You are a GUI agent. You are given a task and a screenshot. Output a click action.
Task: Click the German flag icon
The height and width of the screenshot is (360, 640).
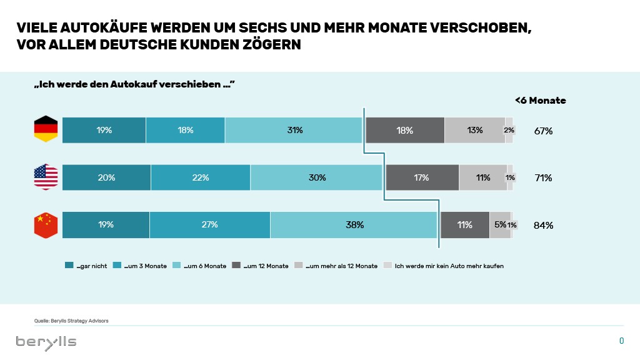46,130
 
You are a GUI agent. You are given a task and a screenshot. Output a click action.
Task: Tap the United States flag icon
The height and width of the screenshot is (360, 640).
46,177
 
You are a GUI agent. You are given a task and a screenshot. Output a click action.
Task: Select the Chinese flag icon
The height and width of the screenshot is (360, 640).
46,225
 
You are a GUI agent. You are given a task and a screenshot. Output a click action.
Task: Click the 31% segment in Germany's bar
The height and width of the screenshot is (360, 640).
294,130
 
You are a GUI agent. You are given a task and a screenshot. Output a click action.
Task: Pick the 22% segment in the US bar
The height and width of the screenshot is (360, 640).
201,177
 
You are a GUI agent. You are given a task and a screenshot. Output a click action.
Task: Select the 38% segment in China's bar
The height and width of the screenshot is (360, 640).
354,225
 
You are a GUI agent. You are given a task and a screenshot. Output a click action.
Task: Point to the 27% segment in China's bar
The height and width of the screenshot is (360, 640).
210,225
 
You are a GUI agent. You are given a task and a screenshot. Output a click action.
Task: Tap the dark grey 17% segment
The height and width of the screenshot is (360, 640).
422,177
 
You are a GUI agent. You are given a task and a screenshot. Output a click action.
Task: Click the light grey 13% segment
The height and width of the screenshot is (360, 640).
474,130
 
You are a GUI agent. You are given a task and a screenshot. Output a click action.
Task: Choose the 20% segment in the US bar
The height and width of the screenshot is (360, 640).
106,177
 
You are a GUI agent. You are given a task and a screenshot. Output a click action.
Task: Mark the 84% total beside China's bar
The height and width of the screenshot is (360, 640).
543,225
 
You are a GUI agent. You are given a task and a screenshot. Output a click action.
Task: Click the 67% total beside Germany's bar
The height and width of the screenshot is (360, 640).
543,131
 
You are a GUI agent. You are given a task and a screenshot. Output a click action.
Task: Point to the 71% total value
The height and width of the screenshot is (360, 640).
543,177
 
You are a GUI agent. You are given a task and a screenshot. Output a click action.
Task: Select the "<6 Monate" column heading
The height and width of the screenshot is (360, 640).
540,100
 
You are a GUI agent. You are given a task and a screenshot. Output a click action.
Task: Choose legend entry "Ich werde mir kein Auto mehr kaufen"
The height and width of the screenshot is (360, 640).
444,266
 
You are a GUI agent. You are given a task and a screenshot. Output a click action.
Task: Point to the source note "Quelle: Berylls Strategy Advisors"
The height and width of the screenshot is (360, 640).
72,321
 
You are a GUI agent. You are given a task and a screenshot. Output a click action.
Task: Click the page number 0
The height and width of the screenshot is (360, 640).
621,341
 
